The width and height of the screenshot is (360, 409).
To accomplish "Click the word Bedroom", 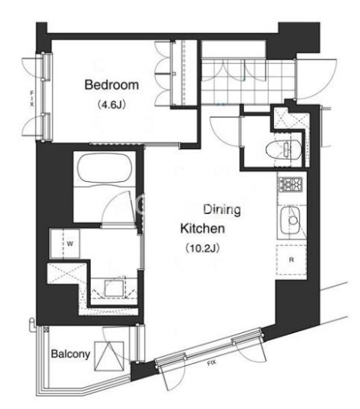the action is (x=111, y=85).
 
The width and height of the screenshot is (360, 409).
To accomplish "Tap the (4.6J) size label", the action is (x=111, y=105).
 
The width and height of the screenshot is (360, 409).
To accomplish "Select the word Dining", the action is (x=222, y=210).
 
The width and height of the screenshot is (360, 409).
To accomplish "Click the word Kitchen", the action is (x=203, y=229).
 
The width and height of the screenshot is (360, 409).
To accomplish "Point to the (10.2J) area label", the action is (x=203, y=248).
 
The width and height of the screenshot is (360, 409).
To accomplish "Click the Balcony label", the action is (x=71, y=354).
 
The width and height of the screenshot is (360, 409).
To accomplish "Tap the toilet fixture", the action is (x=283, y=150).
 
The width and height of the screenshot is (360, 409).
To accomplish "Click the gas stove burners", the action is (x=290, y=184).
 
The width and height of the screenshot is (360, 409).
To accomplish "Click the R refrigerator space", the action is (x=292, y=260).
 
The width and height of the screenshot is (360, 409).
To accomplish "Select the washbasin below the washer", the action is (x=114, y=288).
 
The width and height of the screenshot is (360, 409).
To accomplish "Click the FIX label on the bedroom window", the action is (x=31, y=98).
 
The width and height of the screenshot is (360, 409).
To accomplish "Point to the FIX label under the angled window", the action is (x=212, y=363).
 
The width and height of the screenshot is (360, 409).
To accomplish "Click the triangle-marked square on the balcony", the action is (x=109, y=356).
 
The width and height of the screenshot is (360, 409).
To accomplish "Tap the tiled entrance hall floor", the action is (x=248, y=81).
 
